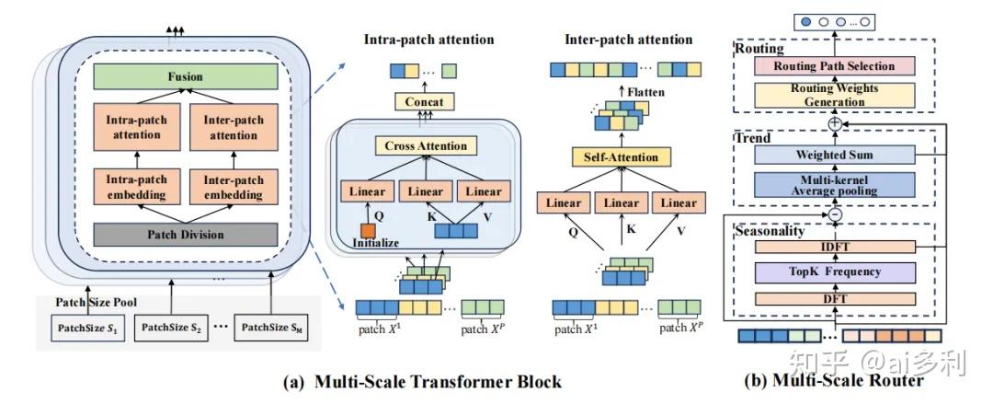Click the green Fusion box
tap(185, 77)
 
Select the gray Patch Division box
tap(185, 234)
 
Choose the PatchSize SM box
tap(271, 327)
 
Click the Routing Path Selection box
tap(833, 66)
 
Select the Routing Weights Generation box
tap(833, 94)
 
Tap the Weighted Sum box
tap(833, 155)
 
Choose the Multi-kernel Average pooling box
tap(833, 184)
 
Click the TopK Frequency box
tap(833, 271)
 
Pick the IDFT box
tap(833, 248)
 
